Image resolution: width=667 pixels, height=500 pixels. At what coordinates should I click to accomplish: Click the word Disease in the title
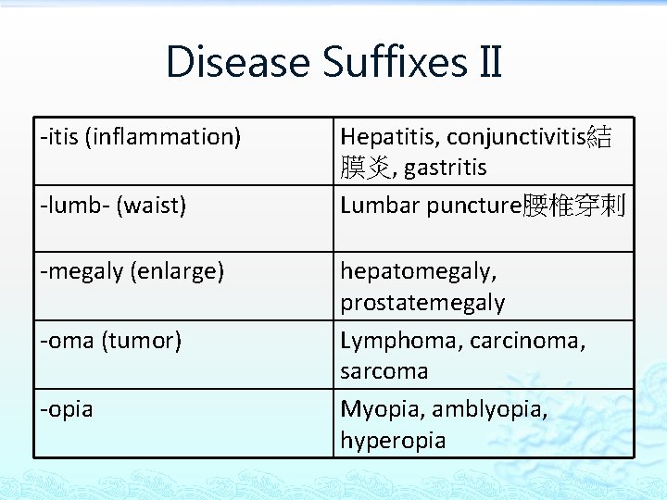(237, 63)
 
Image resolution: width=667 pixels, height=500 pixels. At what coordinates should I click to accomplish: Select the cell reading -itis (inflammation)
(140, 137)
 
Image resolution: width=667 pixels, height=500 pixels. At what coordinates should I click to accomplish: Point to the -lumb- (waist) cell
(112, 205)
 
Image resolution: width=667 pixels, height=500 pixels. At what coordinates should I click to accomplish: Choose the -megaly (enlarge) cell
(132, 271)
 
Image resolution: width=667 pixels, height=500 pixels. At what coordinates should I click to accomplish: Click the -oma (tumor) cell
(110, 340)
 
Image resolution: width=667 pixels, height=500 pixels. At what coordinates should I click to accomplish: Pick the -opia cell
(66, 408)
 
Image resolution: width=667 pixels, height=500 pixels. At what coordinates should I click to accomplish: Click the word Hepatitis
(389, 137)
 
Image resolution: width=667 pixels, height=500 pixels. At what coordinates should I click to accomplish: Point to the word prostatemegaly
(422, 303)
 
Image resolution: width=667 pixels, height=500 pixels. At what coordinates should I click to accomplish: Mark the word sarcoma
(384, 371)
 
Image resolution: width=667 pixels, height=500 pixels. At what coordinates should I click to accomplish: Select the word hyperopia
(393, 440)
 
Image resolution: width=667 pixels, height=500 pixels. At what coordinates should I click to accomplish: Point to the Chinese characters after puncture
(574, 205)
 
